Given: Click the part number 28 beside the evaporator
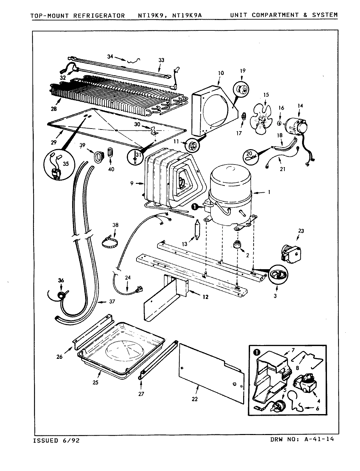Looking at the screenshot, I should coord(53,109).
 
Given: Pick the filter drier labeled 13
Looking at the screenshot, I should coord(198,230).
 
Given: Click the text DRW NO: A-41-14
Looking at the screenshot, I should coord(303,439).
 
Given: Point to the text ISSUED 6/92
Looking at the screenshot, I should coord(56,440).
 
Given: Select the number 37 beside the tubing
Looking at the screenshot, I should coord(112,302).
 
